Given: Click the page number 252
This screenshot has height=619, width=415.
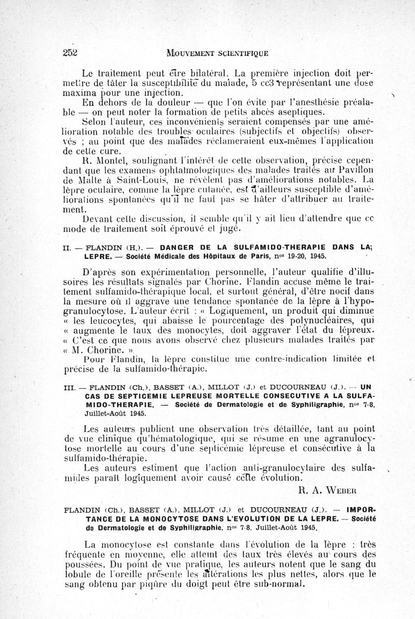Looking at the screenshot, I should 70,52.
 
